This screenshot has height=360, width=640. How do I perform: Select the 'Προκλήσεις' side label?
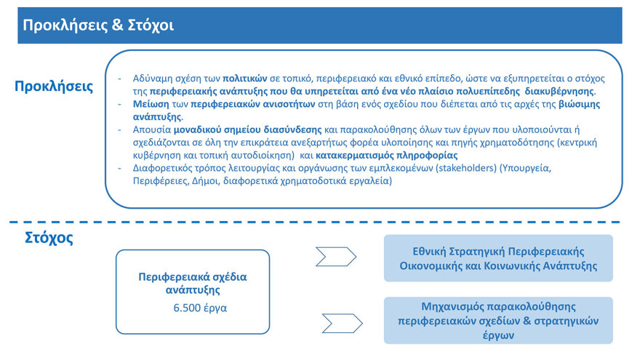(54, 87)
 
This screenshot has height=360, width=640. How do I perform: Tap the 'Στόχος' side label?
(44, 237)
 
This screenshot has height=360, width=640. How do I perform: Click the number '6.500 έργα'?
(200, 308)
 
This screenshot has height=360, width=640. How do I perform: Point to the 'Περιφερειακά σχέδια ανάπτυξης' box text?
(193, 283)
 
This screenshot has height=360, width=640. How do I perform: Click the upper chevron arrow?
(335, 257)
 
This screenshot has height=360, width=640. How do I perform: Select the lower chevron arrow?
(342, 321)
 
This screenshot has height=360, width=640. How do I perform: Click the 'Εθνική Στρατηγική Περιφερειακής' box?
(498, 258)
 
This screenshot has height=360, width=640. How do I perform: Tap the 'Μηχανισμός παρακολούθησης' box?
(498, 321)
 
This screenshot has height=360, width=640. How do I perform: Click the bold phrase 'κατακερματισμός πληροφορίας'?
(388, 155)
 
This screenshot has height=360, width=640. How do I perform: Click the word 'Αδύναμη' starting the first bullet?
(153, 78)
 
